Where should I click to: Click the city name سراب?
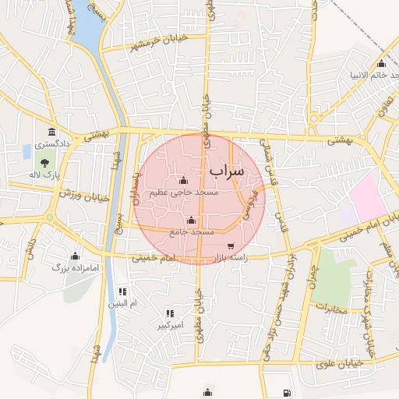tap(227, 169)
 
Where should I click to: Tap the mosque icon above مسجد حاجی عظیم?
tap(183, 180)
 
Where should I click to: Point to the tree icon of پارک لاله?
tap(45, 164)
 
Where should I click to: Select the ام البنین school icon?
tap(122, 291)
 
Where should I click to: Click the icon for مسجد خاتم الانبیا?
tap(381, 64)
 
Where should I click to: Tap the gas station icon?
tap(288, 392)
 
